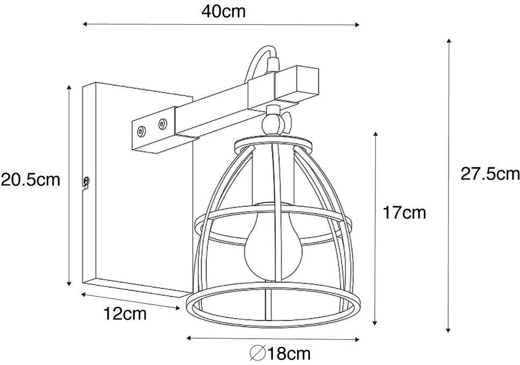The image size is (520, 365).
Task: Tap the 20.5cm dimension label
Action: click(31, 179)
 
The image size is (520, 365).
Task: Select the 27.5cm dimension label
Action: click(489, 174)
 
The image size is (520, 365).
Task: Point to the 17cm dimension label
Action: click(404, 213)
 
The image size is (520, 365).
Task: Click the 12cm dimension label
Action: click(124, 313)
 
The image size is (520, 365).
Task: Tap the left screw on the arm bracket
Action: click(142, 130)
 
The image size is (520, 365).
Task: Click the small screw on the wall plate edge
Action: click(86, 181)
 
